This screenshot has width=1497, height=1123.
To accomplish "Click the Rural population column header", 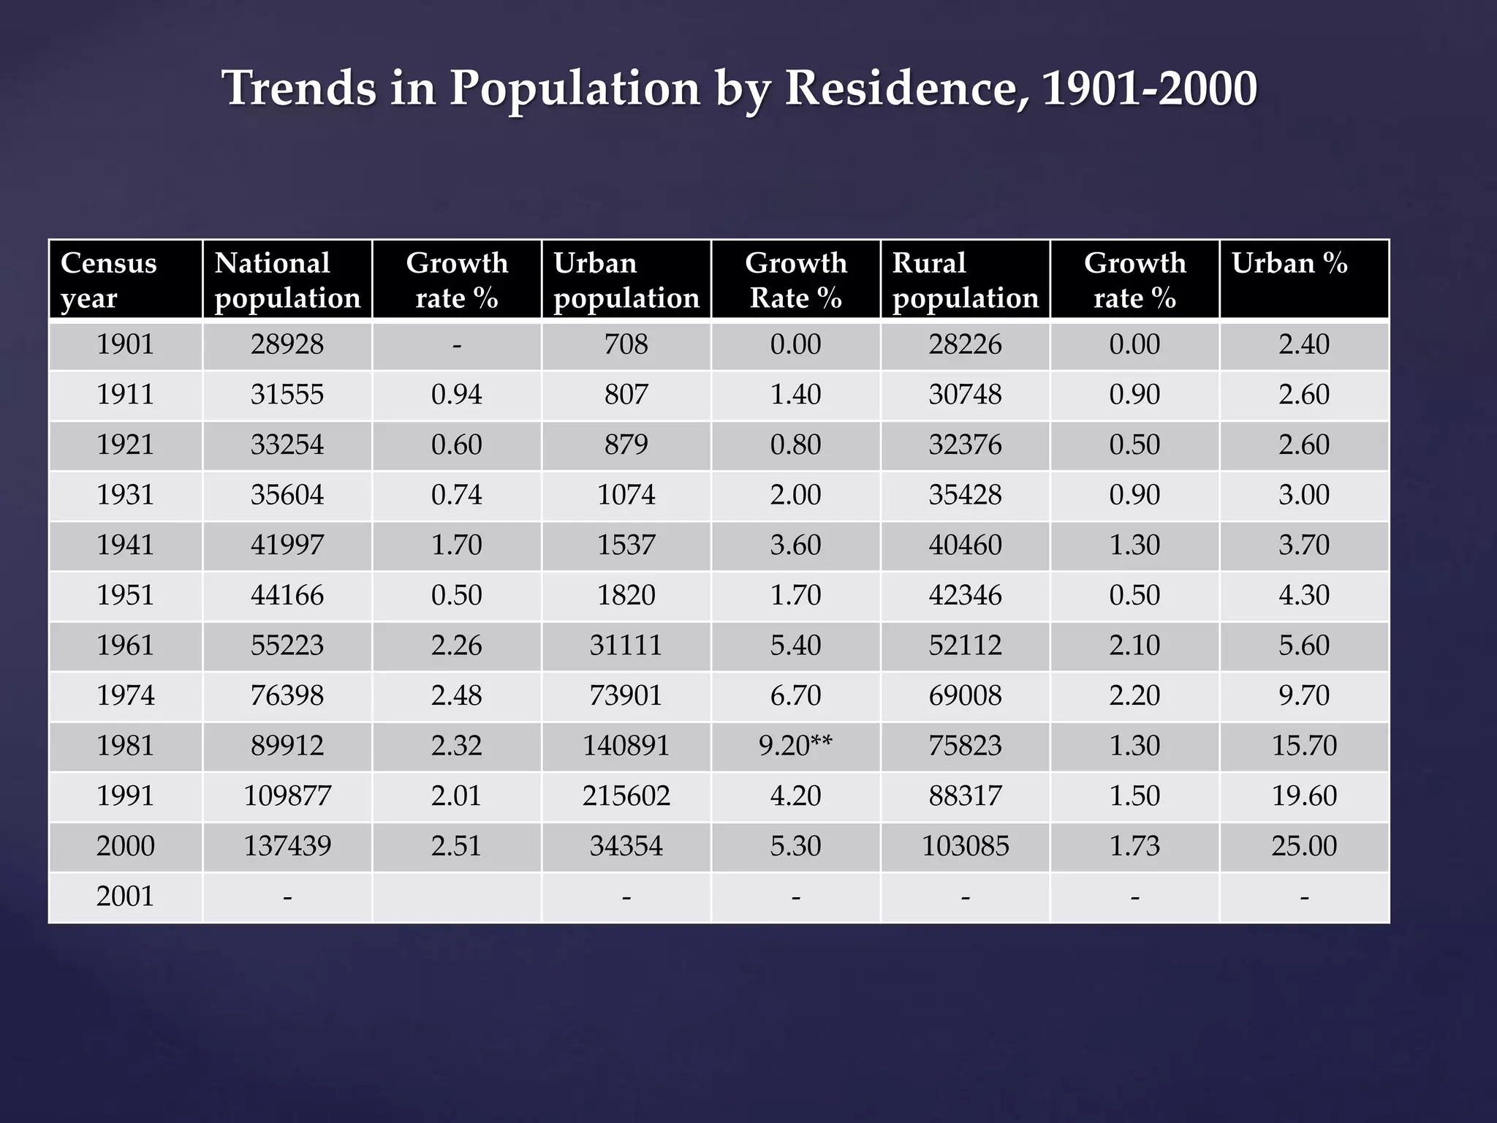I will coord(965,280).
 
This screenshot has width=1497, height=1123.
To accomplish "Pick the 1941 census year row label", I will coord(125,545).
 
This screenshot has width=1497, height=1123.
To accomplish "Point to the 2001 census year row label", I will coord(125,896).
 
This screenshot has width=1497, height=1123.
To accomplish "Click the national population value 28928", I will coord(287,344).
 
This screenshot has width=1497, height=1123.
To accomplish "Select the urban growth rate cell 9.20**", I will coord(795,746).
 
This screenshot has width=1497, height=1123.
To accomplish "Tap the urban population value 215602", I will coord(626,795).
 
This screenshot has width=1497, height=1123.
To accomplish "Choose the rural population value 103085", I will coord(965,846).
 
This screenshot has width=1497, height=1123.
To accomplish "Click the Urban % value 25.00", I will coord(1304,846).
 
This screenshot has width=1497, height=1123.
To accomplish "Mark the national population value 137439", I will coord(287,846).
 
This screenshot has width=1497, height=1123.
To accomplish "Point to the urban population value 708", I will coord(626,344).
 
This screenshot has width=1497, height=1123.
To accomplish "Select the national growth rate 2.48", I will coord(456,695).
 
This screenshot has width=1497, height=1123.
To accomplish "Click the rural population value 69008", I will coord(965,695).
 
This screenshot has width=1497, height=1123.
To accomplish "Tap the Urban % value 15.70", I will coord(1304,746).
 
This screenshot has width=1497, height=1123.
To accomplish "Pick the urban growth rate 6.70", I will coord(795,695).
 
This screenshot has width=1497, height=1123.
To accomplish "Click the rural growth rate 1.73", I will coord(1134,846).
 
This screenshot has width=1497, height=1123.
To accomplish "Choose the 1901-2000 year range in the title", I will coord(1149,88).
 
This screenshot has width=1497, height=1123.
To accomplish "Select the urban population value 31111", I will coord(626,646).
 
